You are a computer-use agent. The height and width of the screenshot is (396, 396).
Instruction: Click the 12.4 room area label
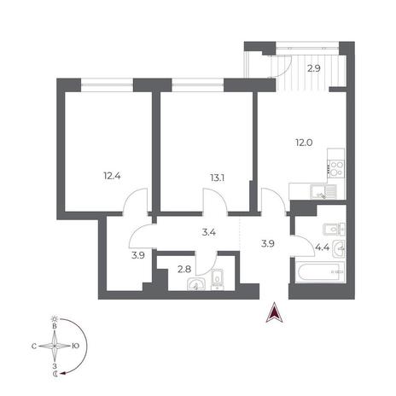(x=112, y=176)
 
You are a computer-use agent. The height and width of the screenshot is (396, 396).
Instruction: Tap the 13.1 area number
(x=217, y=178)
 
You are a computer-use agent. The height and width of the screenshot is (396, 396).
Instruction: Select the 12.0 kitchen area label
(x=304, y=143)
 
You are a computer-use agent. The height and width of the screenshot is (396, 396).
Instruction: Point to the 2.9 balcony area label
(x=314, y=68)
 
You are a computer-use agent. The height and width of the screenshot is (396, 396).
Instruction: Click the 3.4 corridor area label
(x=208, y=232)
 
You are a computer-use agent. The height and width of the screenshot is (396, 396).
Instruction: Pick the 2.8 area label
(x=184, y=269)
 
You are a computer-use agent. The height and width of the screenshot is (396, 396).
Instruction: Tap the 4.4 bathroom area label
(x=323, y=247)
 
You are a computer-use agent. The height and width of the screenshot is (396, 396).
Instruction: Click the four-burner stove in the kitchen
(x=336, y=169)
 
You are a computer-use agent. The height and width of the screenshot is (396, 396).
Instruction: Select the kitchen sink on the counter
(x=323, y=192)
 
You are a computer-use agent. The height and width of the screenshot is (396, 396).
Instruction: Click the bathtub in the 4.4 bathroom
(x=320, y=272)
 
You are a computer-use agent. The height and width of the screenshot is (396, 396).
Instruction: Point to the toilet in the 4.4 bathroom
(x=335, y=229)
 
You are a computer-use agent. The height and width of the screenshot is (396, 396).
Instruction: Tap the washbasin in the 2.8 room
(x=196, y=284)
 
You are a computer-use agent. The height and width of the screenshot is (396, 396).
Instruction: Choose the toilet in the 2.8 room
(x=218, y=280)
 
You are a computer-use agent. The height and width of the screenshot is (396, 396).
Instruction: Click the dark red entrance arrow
(x=274, y=312)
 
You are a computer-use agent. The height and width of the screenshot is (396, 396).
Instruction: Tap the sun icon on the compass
(x=54, y=319)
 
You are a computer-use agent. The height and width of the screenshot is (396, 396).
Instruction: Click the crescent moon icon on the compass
(x=55, y=374)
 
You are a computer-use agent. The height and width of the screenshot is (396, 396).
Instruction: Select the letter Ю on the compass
(x=75, y=346)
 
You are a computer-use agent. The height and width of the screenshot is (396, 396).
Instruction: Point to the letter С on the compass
(x=34, y=346)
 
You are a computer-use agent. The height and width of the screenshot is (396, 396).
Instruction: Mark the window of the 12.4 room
(x=108, y=84)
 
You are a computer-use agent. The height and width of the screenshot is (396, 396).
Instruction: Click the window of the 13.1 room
(x=198, y=84)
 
